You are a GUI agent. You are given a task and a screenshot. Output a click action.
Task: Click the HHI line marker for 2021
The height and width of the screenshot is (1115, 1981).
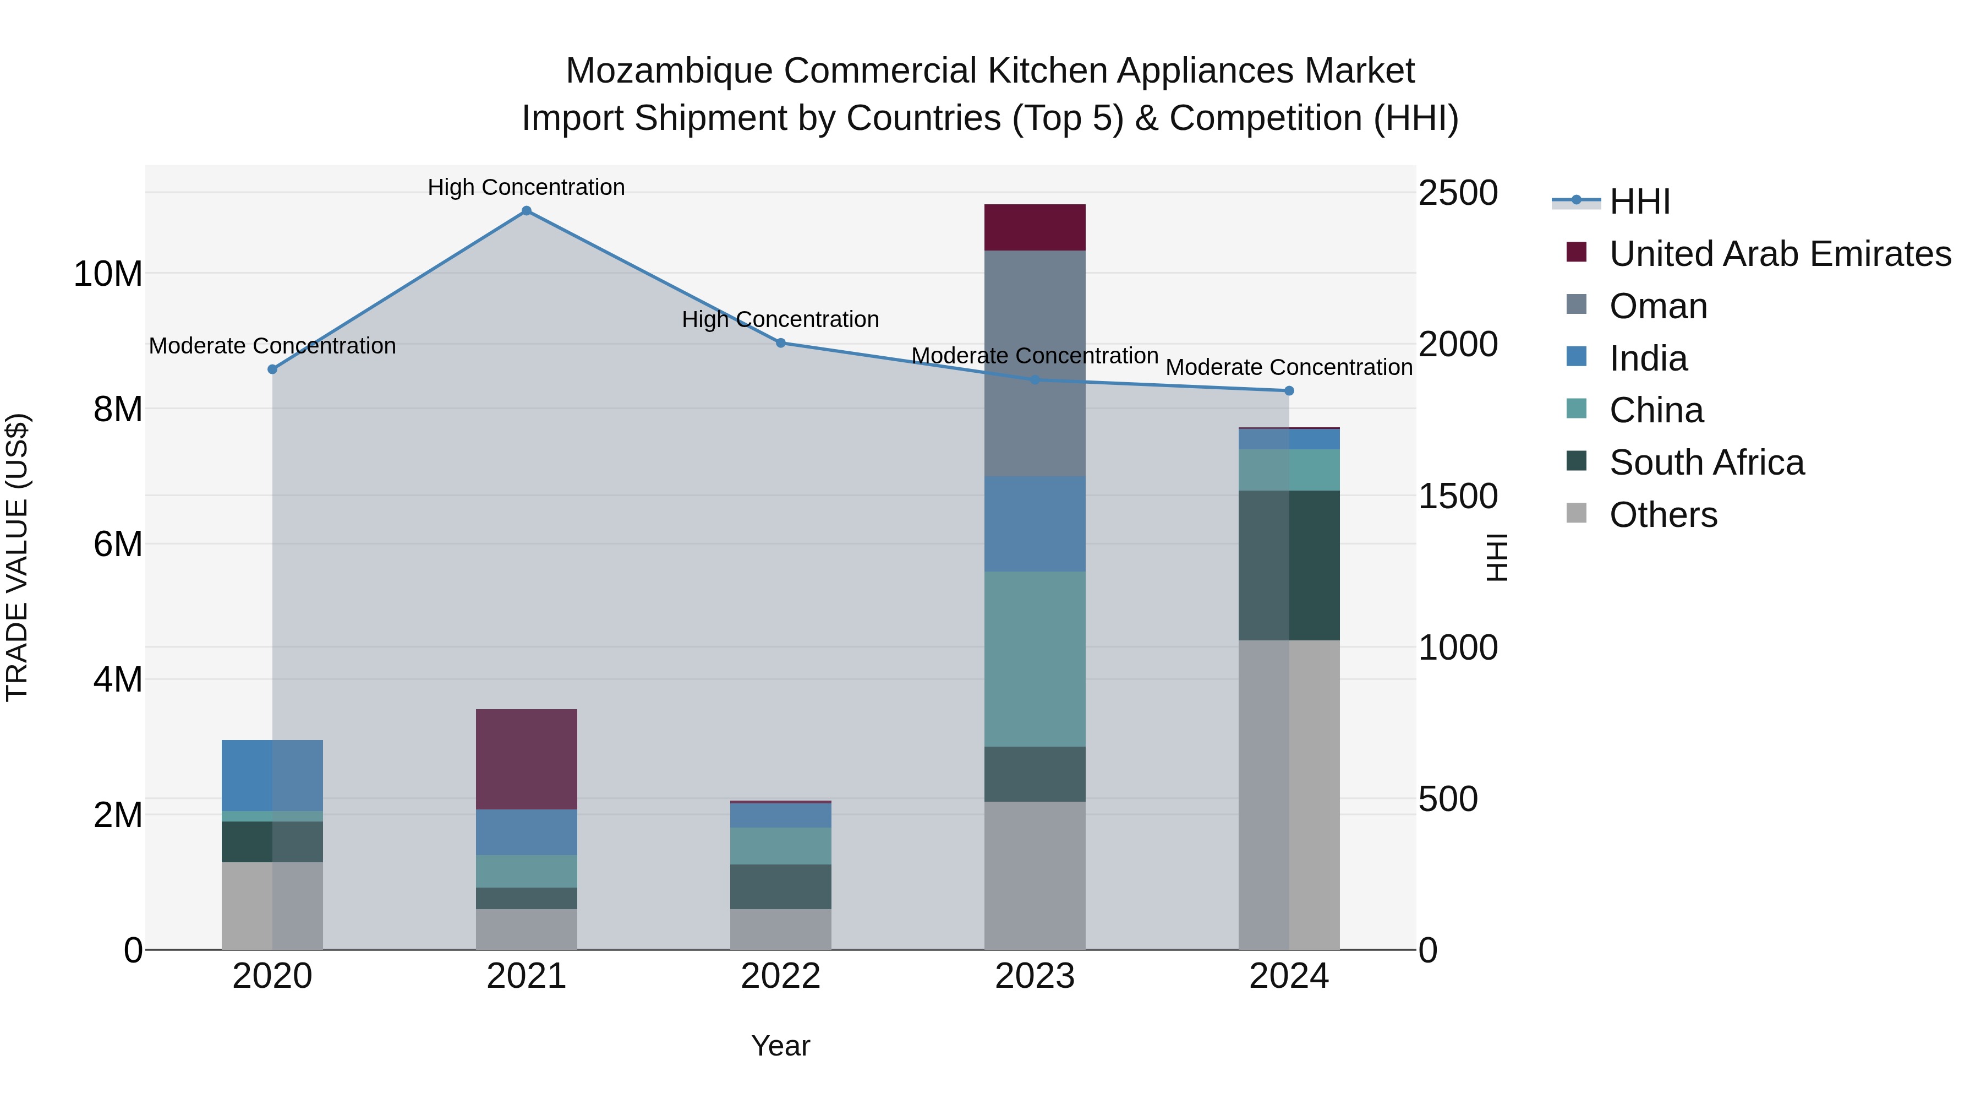(526, 211)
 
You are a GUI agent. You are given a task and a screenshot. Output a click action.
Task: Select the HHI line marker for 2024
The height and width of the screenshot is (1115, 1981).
(1289, 391)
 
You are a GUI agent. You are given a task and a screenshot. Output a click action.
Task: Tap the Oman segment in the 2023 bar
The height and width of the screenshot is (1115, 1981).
(1035, 363)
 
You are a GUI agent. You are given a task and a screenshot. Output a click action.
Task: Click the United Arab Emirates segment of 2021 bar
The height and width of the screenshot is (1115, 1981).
(526, 759)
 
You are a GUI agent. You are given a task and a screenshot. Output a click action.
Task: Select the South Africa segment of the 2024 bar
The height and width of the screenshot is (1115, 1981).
(1289, 565)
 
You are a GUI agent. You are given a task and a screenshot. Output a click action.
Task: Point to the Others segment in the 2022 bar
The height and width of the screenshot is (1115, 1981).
(780, 929)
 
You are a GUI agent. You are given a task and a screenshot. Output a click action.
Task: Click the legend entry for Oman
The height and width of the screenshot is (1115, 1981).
(1657, 306)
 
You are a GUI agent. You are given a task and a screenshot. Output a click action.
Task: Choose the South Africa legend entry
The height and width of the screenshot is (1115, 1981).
(1706, 463)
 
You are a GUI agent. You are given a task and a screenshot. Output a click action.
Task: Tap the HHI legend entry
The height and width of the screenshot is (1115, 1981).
(1638, 202)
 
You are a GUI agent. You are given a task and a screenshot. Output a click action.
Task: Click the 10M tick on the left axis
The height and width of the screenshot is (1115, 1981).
(108, 274)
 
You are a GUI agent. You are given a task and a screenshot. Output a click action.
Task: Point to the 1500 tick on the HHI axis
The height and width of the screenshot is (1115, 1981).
(1457, 496)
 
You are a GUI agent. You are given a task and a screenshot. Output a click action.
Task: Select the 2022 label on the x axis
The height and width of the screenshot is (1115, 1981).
(780, 976)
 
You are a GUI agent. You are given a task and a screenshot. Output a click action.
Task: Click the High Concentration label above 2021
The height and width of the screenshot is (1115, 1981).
(526, 187)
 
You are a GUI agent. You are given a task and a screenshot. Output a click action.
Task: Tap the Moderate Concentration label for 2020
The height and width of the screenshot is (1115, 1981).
(272, 345)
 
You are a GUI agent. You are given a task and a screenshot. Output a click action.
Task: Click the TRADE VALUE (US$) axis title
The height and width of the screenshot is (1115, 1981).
(17, 557)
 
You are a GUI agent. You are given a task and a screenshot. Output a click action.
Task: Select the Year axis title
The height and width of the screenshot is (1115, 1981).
(780, 1046)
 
